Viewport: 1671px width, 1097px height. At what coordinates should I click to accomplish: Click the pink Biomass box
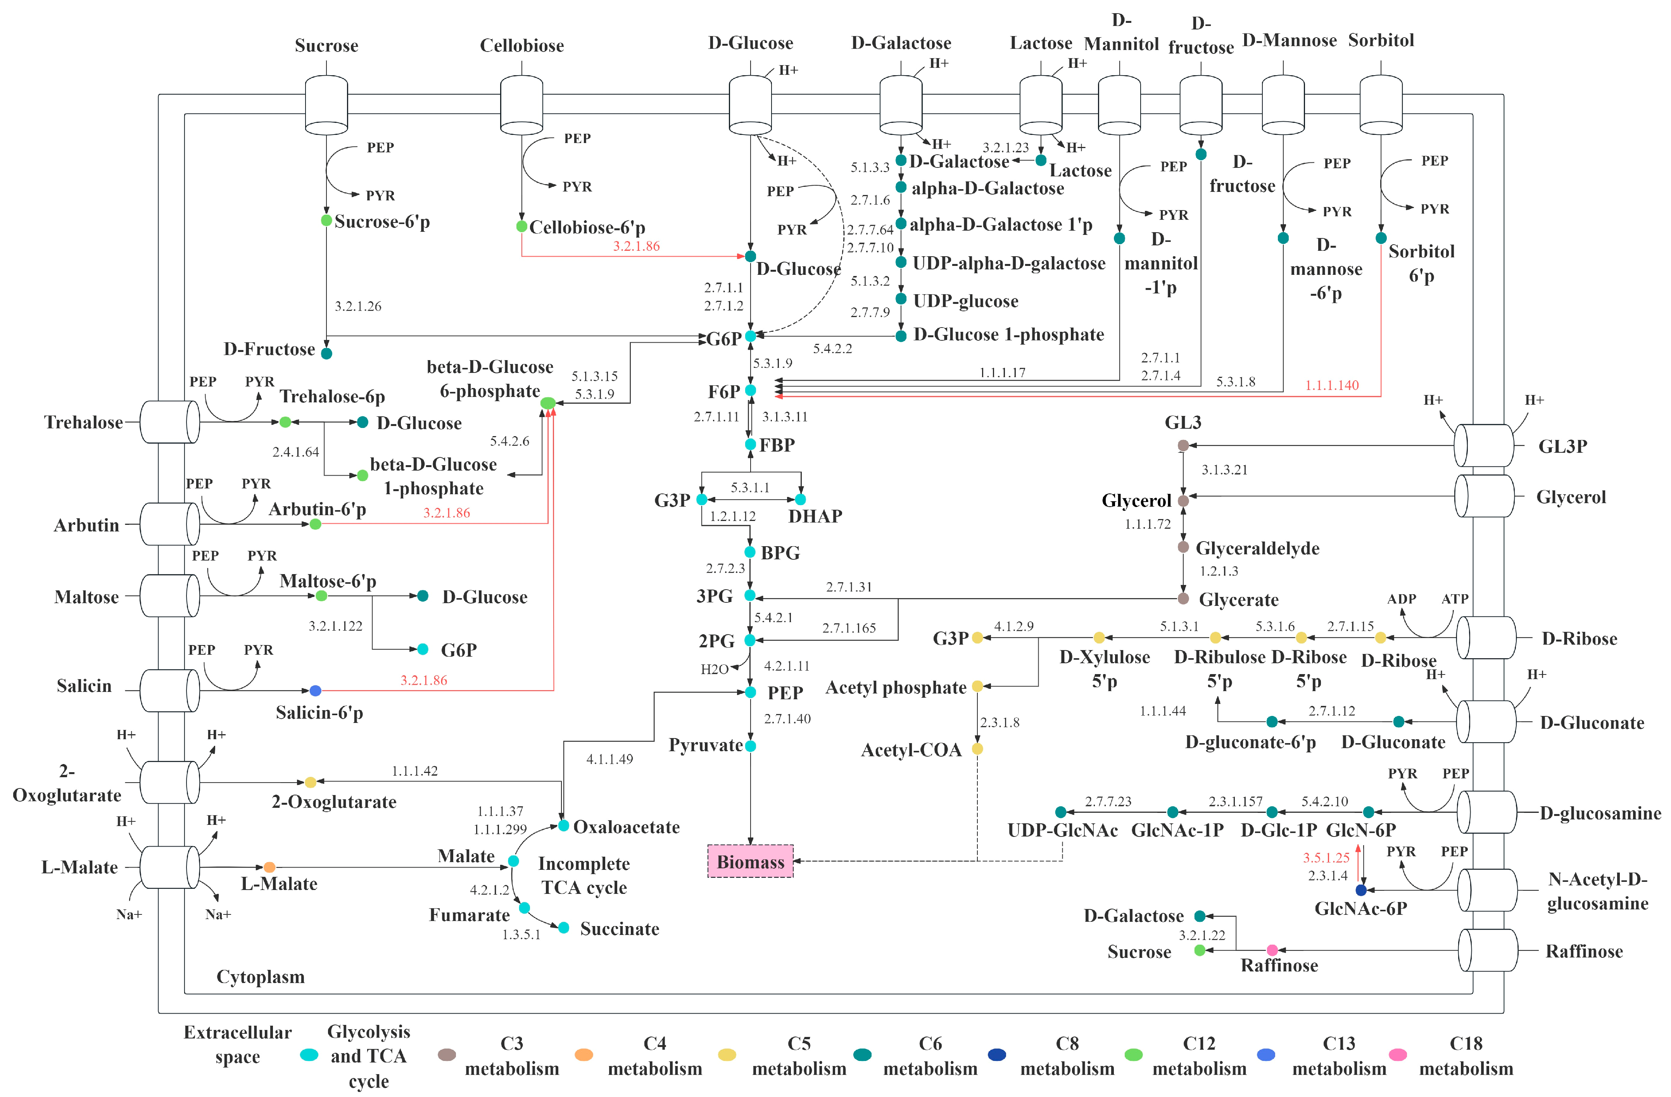[750, 861]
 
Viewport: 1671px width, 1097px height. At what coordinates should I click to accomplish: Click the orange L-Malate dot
[269, 868]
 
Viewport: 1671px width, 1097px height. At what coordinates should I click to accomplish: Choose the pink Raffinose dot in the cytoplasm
[1272, 950]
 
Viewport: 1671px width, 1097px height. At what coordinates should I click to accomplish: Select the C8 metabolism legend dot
[996, 1055]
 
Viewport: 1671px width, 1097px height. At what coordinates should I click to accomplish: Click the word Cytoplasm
[261, 977]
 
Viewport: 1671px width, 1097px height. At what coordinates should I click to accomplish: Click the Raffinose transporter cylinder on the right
[1487, 950]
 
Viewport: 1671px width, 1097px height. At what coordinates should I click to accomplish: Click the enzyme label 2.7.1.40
[787, 719]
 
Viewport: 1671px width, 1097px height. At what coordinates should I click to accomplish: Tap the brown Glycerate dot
[1183, 599]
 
